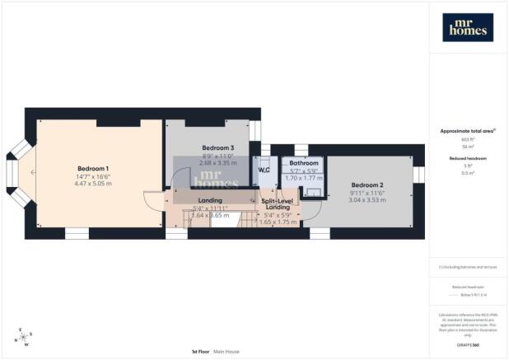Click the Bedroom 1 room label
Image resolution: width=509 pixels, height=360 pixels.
[93, 168]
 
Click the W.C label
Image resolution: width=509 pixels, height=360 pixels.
[264, 171]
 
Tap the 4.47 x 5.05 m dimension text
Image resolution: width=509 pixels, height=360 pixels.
[93, 184]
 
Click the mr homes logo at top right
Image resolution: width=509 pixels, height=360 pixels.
[468, 27]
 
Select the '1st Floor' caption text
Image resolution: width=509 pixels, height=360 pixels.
[199, 351]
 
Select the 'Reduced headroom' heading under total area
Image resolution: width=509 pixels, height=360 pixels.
[467, 157]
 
